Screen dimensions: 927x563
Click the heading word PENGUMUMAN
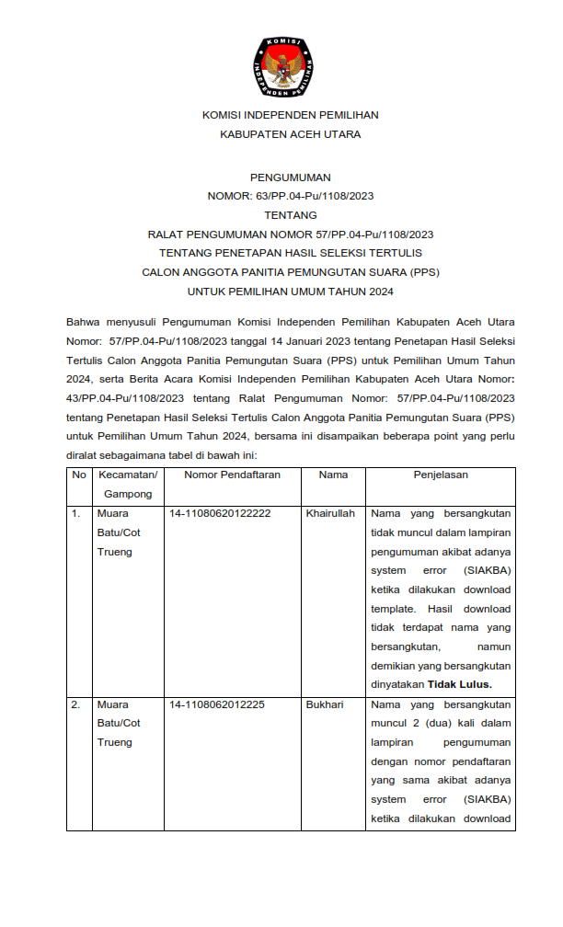click(x=290, y=177)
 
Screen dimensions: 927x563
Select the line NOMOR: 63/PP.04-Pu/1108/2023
click(x=290, y=196)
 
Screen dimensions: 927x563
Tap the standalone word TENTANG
click(x=290, y=215)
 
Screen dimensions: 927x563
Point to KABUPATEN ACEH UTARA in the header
click(x=290, y=134)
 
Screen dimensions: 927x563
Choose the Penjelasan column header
click(x=441, y=475)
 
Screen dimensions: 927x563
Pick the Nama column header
click(x=333, y=475)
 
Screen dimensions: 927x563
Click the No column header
click(x=79, y=475)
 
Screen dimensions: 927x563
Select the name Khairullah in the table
click(x=330, y=513)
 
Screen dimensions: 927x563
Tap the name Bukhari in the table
click(x=325, y=705)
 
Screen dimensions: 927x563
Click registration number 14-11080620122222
click(x=220, y=513)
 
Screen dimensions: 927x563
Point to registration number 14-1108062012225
click(x=217, y=705)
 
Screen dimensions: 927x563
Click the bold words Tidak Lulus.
click(x=460, y=684)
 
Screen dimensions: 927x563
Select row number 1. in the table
click(x=76, y=513)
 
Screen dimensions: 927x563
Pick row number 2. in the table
click(x=76, y=705)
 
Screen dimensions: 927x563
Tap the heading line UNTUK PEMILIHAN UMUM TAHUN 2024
click(x=290, y=292)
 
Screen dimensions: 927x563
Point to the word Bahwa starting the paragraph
click(x=84, y=322)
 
